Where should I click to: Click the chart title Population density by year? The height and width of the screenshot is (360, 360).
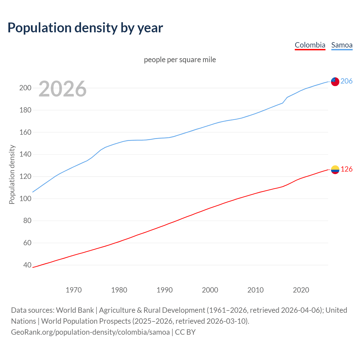[x=85, y=28]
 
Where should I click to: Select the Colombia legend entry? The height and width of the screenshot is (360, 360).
[x=310, y=45]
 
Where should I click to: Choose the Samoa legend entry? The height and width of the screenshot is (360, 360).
[x=342, y=45]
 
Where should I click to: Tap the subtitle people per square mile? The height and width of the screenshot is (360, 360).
[x=180, y=60]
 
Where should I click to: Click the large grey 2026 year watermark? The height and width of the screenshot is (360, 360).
[x=62, y=89]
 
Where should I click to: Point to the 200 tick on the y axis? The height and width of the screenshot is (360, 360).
[x=25, y=88]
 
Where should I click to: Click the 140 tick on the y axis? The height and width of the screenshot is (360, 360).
[x=25, y=154]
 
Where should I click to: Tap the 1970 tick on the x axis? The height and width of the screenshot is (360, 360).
[x=74, y=290]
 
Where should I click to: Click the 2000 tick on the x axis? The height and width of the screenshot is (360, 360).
[x=210, y=290]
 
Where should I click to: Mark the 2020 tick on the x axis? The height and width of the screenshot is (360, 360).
[x=301, y=290]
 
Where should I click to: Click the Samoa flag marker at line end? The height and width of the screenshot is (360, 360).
[x=335, y=82]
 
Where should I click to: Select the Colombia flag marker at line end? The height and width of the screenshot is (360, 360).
[x=335, y=170]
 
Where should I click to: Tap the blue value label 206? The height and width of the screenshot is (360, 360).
[x=346, y=81]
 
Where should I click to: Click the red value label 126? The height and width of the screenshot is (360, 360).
[x=346, y=169]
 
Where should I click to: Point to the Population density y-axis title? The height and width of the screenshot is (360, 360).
[x=12, y=174]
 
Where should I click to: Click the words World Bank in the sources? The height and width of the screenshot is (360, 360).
[x=75, y=310]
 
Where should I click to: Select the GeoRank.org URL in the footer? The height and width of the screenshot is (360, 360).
[x=90, y=332]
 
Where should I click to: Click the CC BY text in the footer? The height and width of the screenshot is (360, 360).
[x=185, y=332]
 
